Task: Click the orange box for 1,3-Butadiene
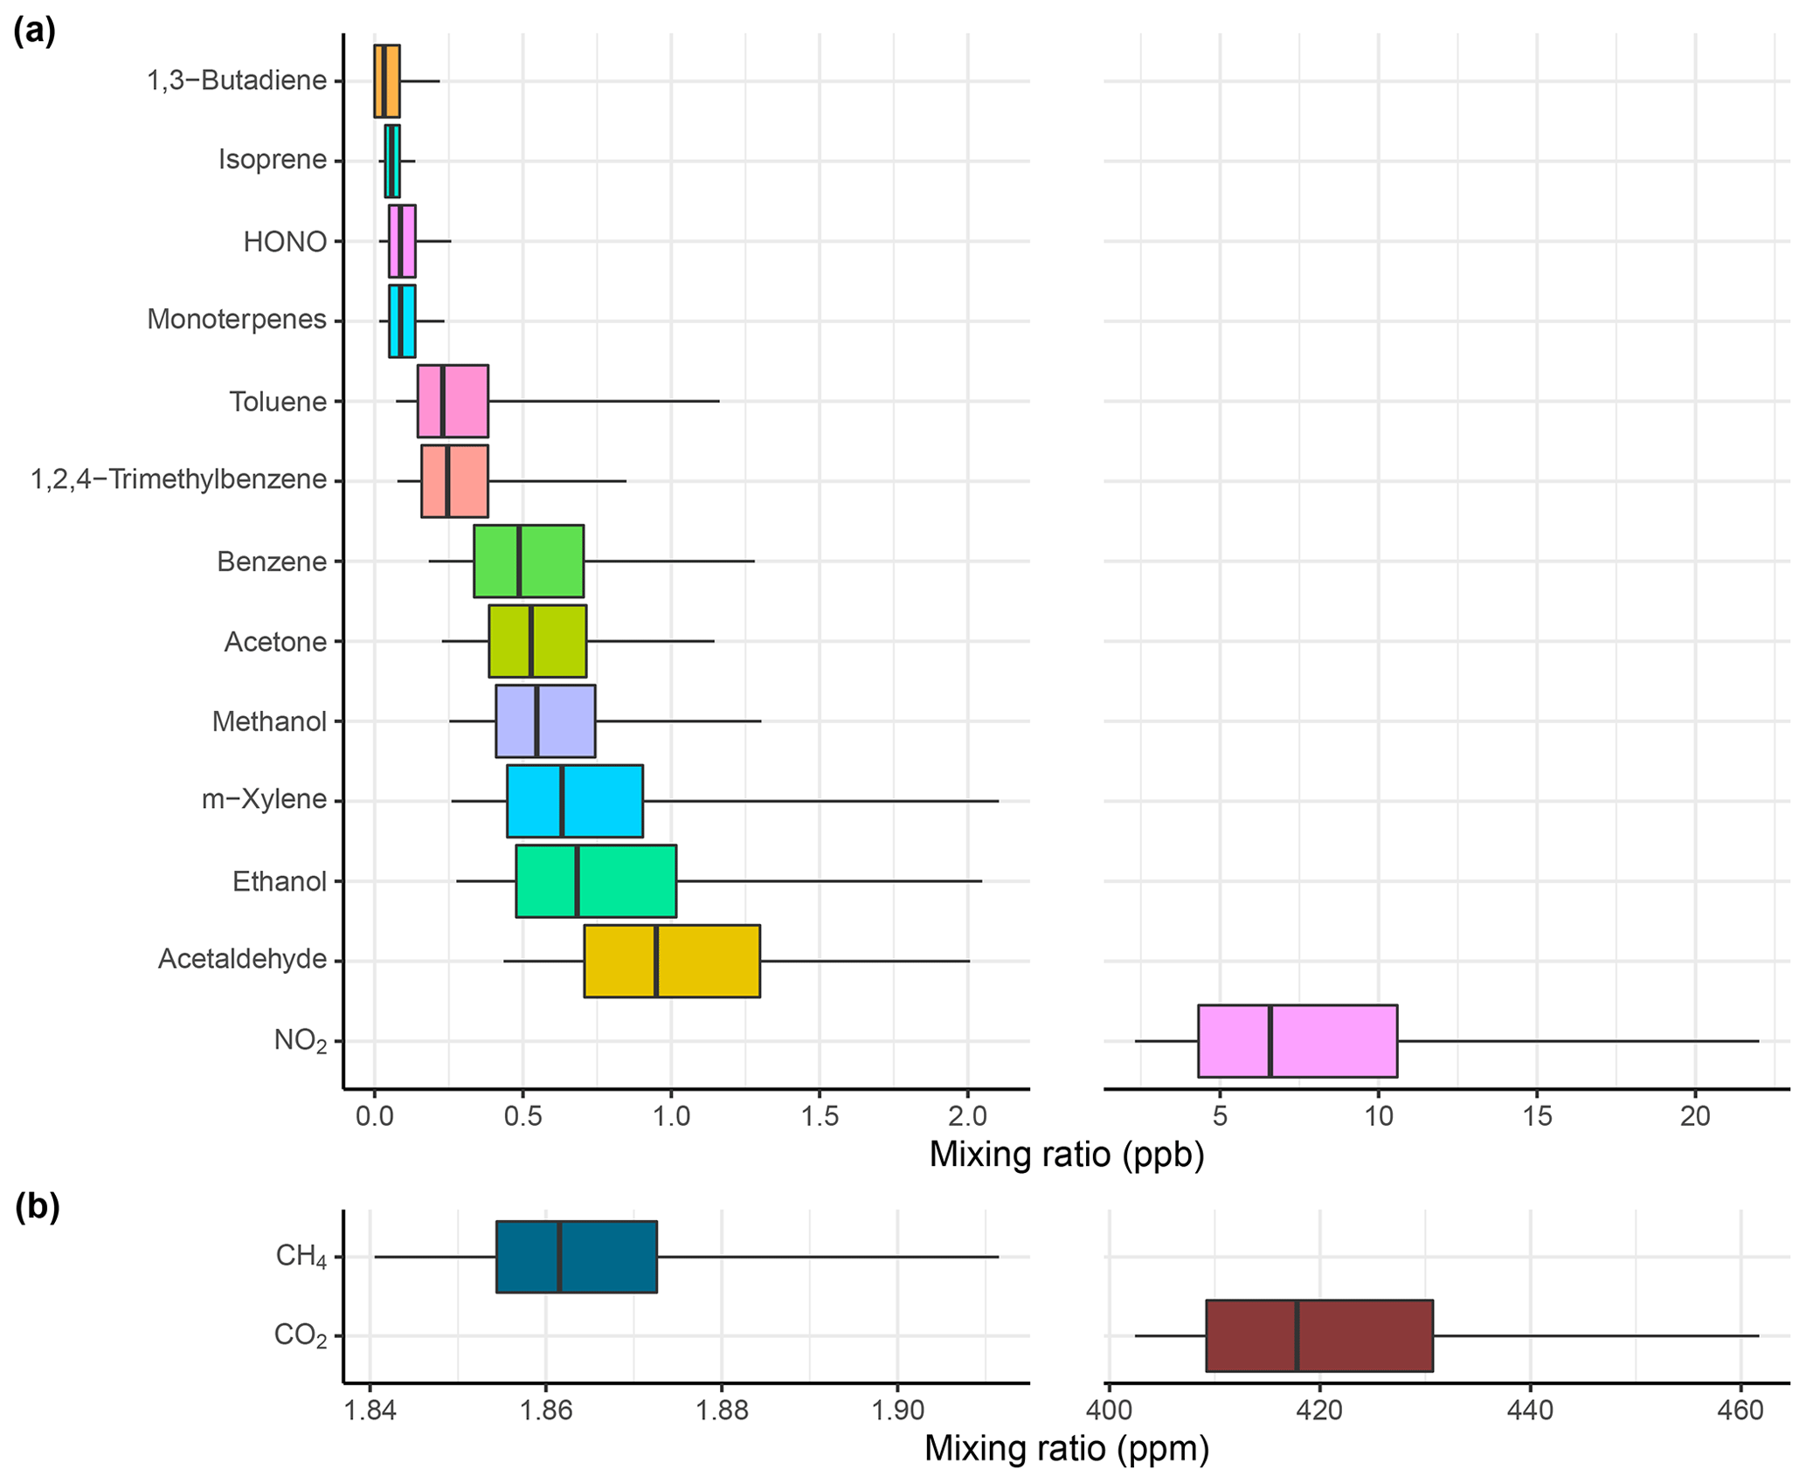387,81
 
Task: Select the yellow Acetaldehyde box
671,961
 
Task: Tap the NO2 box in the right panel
1297,1041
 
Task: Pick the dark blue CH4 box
576,1257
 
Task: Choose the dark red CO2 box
1318,1335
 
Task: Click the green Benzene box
528,562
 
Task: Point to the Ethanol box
595,881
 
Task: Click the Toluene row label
278,402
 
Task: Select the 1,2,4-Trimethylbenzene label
179,479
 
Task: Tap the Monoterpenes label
237,320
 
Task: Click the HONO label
285,242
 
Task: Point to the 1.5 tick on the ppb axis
819,1117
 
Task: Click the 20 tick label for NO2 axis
1695,1117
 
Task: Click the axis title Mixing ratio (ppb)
1066,1155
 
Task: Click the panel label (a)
35,31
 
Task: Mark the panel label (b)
38,1207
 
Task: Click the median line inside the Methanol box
536,721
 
